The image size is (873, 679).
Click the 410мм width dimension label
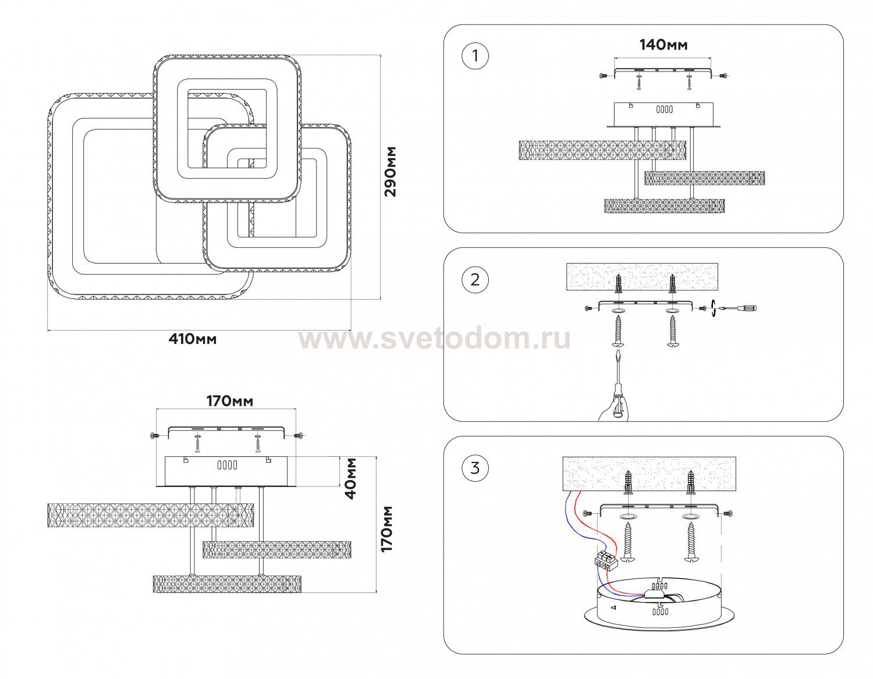[192, 339]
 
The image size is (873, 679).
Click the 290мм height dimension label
[390, 171]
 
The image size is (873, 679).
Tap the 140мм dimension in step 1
[663, 45]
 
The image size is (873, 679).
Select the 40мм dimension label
[351, 478]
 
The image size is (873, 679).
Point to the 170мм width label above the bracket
[230, 401]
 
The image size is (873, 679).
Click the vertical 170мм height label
[386, 528]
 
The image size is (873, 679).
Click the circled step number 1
[475, 56]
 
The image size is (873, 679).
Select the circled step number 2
[475, 279]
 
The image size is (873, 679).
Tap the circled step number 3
[475, 468]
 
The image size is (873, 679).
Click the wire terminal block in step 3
[604, 560]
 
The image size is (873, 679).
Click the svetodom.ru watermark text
[435, 339]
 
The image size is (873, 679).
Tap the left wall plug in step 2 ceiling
[619, 285]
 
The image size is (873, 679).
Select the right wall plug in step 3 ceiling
[690, 481]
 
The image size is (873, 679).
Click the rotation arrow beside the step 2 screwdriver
[713, 308]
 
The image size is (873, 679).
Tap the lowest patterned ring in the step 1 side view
[665, 205]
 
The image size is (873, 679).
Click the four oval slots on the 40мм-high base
[227, 465]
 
